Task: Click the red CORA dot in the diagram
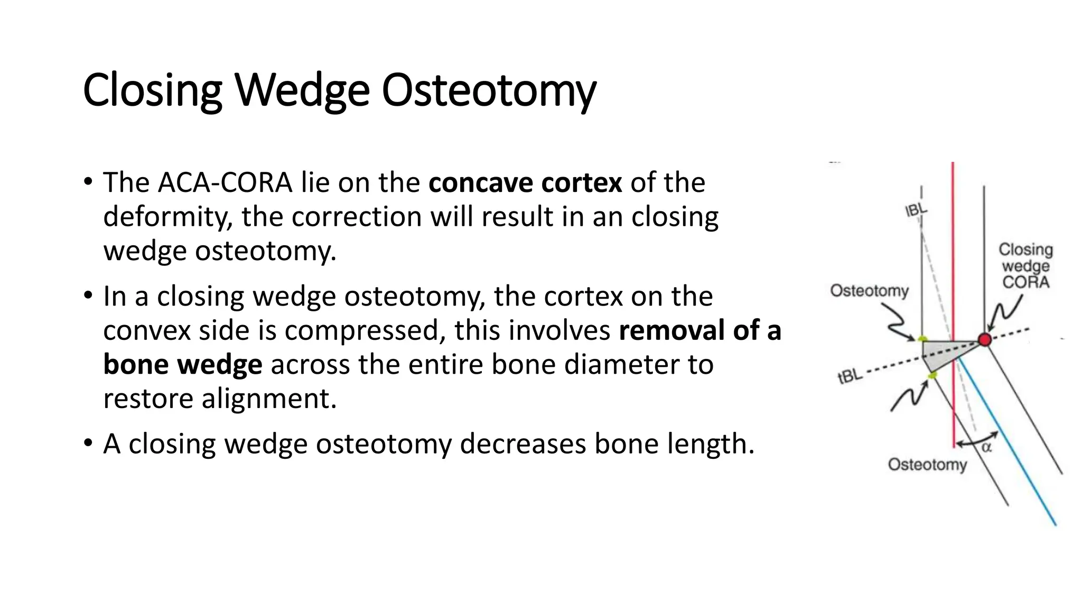click(985, 339)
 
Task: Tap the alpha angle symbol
click(986, 448)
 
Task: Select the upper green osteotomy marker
click(922, 339)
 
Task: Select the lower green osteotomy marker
click(932, 375)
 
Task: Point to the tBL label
click(851, 376)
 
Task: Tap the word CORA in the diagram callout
click(1025, 282)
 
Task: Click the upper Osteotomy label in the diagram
click(869, 291)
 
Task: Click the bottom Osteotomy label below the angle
click(927, 465)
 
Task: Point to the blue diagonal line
click(1014, 455)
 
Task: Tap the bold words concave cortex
click(525, 183)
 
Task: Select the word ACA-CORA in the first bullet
click(225, 183)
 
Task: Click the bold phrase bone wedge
click(182, 365)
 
